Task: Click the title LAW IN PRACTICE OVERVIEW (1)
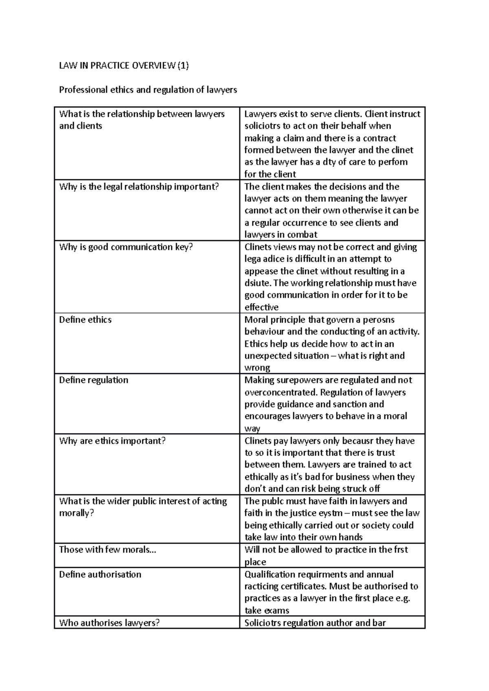[x=124, y=66]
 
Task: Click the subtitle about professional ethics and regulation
[x=148, y=90]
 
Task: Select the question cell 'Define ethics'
[x=85, y=319]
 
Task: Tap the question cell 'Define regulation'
[x=94, y=380]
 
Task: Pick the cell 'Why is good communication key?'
[x=126, y=247]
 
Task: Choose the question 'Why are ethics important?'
[x=112, y=441]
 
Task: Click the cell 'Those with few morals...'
[x=108, y=550]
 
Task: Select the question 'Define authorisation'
[x=100, y=574]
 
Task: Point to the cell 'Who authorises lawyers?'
[x=109, y=623]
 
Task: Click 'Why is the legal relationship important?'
[x=139, y=187]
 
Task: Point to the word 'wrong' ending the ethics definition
[x=257, y=368]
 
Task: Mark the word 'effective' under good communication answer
[x=261, y=307]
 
